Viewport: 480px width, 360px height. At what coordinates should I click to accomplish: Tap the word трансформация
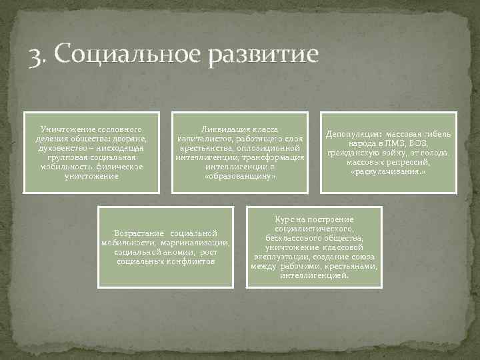pyautogui.click(x=273, y=157)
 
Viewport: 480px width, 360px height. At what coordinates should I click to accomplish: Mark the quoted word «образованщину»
pyautogui.click(x=240, y=176)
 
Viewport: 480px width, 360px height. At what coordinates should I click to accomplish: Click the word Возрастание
pyautogui.click(x=140, y=233)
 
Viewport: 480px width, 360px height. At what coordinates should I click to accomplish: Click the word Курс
pyautogui.click(x=285, y=219)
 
